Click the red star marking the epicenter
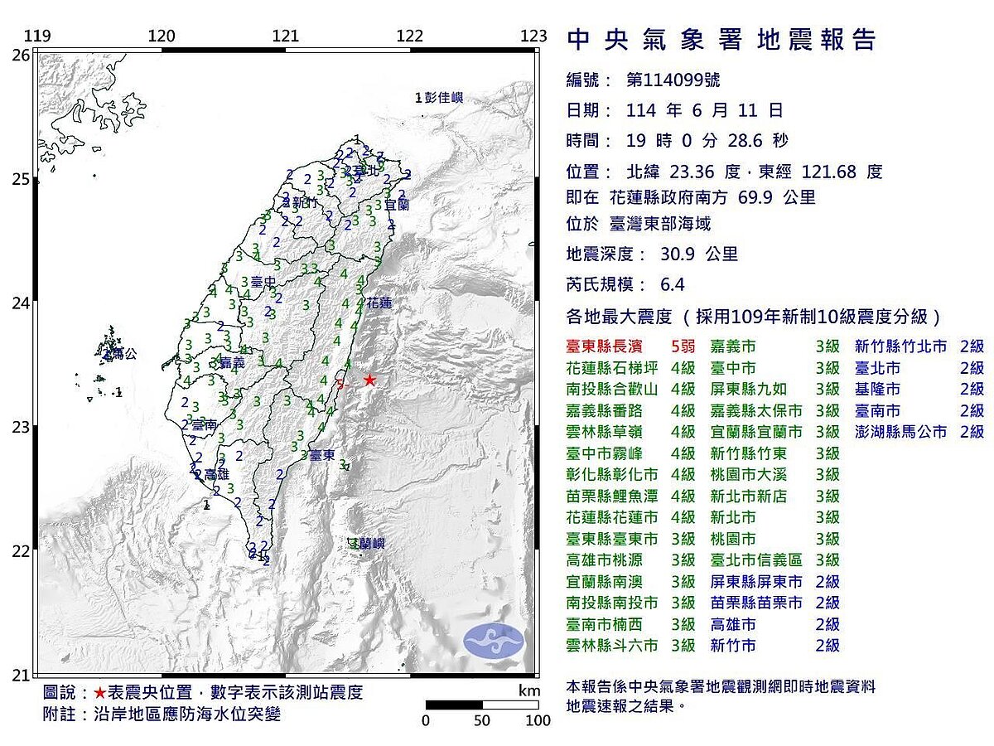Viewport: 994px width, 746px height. [369, 380]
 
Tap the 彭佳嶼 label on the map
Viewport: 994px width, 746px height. [443, 98]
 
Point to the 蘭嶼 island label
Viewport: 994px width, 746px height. [369, 544]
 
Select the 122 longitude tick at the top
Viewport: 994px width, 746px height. [410, 36]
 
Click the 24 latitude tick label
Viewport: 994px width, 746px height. [20, 303]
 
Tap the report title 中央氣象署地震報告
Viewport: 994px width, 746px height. [721, 40]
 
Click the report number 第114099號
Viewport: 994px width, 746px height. [673, 80]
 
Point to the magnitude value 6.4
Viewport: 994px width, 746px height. [673, 285]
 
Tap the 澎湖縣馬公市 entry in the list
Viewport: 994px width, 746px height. [900, 432]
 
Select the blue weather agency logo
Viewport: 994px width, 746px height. [494, 641]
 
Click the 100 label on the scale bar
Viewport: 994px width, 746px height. [538, 721]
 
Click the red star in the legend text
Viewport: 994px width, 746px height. [99, 693]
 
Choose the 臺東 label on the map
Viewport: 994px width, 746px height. [323, 455]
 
